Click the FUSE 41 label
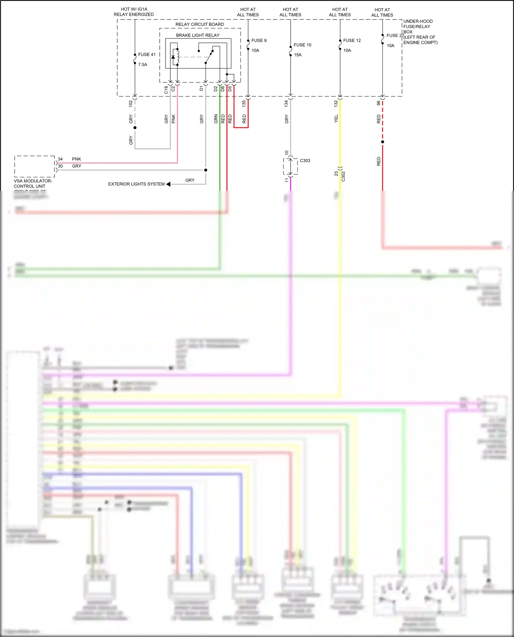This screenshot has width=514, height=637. pos(147,54)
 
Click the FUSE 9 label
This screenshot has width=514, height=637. pos(259,40)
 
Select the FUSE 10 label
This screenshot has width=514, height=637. pos(302,45)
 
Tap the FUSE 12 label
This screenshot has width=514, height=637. pos(352,40)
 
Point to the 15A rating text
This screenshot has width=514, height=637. pos(297,55)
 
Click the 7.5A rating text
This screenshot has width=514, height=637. pos(143,64)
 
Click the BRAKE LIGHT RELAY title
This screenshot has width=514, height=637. pos(198,35)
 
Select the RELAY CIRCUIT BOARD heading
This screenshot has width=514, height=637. pos(199,24)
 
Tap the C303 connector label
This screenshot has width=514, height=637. pos(305,161)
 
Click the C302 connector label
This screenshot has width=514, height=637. pos(343,176)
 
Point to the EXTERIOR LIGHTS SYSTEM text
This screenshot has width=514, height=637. pos(136,184)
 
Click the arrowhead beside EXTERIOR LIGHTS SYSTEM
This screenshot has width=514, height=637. pos(168,184)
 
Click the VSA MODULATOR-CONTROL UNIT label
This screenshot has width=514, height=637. pos(33,183)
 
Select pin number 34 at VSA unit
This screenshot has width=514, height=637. pos(60,159)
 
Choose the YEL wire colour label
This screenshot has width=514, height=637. pos(336,118)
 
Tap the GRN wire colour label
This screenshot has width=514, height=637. pos(216,119)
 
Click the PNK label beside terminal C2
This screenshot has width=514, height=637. pos(173,119)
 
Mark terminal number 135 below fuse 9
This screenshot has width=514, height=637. pos(244,103)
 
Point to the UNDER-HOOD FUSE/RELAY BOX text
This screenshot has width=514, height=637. pos(418,27)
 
